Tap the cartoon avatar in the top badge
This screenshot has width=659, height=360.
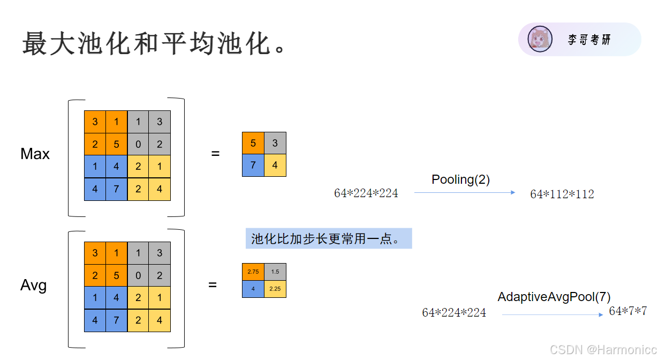(540, 39)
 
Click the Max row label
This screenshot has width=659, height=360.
(35, 154)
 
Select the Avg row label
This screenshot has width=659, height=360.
(33, 285)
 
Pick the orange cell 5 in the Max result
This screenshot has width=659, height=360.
(253, 143)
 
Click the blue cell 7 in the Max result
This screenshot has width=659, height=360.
(253, 165)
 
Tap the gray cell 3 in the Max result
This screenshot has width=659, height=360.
(275, 143)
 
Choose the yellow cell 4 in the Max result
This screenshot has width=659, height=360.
(275, 165)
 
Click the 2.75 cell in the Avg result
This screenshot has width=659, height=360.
(253, 272)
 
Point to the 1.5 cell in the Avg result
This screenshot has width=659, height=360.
(275, 272)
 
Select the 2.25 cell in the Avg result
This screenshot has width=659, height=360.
(275, 289)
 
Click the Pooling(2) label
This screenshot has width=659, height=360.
(460, 179)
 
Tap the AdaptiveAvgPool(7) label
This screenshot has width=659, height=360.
(554, 297)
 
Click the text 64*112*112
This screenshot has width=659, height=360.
(562, 194)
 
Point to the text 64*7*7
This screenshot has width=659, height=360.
(628, 311)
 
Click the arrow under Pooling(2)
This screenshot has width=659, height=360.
(465, 193)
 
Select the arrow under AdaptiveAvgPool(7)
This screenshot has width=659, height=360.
(552, 314)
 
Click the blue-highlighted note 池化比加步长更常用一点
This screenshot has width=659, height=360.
(328, 238)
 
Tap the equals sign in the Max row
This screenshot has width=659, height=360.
(215, 154)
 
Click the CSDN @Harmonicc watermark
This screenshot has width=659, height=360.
(603, 350)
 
